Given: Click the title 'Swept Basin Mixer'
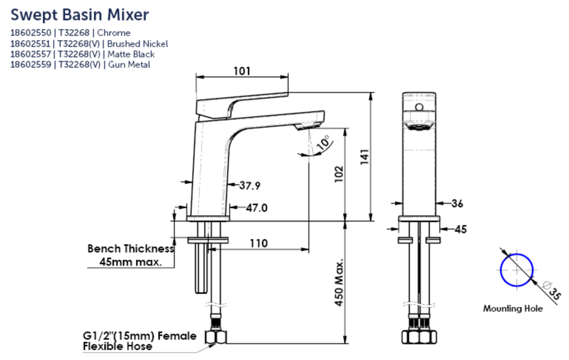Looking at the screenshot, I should point(80,15).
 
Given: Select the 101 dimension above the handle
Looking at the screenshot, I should point(242,71).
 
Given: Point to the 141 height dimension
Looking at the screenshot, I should point(365,157).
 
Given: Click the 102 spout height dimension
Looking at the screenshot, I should point(339,174).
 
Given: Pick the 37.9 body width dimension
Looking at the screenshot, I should point(250,185).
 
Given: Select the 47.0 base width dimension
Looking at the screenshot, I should point(257,208).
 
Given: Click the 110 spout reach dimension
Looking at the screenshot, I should point(258,243).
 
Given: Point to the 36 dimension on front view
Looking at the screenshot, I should point(457,203).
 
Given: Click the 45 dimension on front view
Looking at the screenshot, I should point(460,229).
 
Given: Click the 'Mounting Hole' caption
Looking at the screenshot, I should point(513,308).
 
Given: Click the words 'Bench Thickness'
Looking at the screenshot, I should point(130,249).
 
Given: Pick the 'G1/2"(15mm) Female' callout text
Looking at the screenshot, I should point(139,336).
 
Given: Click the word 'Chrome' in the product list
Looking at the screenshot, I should point(113,33).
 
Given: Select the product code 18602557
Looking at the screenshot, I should point(30,54).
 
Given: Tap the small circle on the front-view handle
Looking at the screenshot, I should point(419,107).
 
